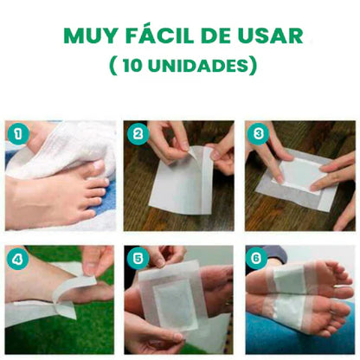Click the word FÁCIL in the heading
pos(157,36)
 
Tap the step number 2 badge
pos(137,134)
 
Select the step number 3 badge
pos(257,134)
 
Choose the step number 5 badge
pos(137,258)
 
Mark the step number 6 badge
pos(257,258)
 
